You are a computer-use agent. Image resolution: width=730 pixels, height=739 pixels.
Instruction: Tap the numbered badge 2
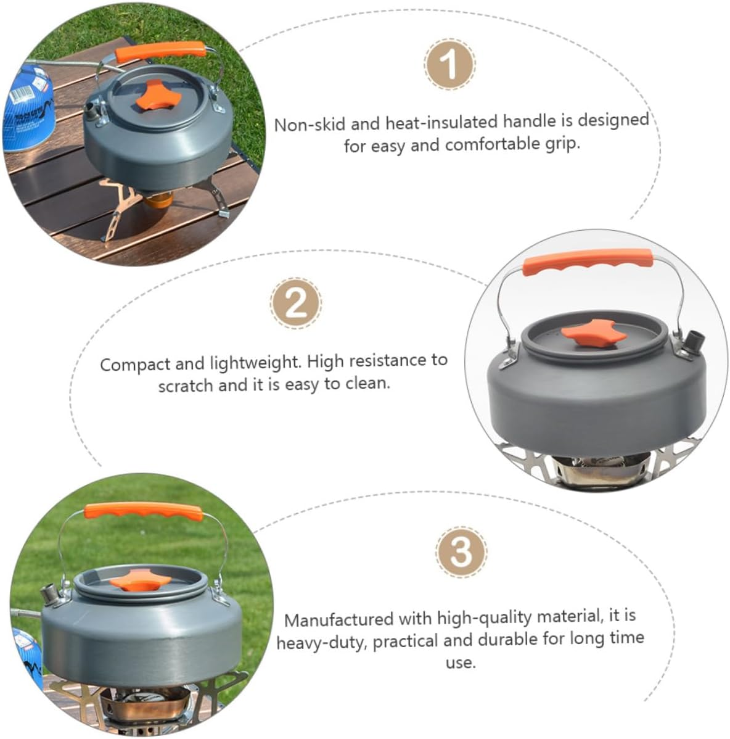[296, 303]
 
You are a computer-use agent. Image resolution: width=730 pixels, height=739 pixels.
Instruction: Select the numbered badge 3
[462, 551]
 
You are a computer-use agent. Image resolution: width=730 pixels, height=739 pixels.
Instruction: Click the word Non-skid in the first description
[310, 124]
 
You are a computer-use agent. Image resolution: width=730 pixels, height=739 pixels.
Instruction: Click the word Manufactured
[338, 619]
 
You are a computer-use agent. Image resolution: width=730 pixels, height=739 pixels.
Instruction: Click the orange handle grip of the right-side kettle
[586, 260]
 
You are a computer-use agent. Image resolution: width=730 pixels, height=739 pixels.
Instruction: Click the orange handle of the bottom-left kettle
[143, 511]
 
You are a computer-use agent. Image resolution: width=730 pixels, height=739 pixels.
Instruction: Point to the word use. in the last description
[461, 663]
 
